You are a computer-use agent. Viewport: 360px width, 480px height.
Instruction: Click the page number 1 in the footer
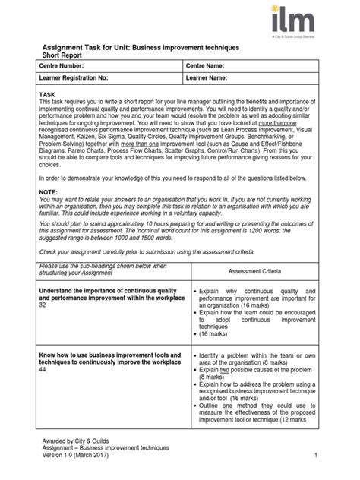(314, 453)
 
